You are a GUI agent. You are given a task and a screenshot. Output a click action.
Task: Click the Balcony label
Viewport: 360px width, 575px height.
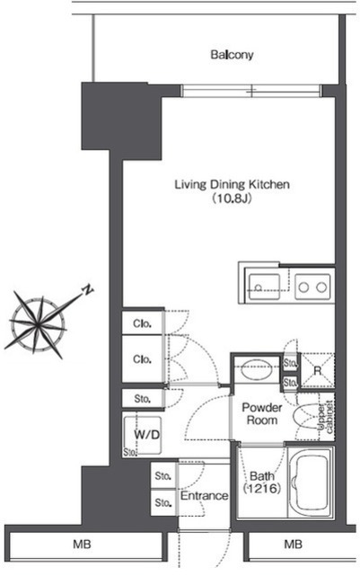(232, 55)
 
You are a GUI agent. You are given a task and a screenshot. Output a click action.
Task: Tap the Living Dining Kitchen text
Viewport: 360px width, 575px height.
(232, 184)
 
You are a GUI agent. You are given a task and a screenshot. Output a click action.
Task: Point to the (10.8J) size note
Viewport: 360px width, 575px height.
(232, 199)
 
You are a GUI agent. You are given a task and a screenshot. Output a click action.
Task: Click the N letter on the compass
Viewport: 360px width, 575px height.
(87, 289)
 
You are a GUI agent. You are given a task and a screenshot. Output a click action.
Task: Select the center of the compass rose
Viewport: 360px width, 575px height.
(38, 323)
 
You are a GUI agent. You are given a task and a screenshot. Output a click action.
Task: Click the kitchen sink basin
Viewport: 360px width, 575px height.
(264, 287)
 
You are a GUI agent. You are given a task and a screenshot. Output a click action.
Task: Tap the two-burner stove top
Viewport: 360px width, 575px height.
(312, 287)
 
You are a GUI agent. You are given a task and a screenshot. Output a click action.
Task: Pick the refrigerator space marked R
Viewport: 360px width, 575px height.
(317, 370)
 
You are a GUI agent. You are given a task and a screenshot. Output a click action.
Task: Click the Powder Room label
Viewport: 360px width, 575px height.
(262, 413)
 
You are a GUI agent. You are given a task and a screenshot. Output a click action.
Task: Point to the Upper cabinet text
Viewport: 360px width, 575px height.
(326, 416)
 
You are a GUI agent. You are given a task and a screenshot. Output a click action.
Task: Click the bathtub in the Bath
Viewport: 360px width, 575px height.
(311, 482)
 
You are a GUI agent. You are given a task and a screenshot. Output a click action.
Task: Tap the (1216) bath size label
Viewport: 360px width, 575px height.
(262, 488)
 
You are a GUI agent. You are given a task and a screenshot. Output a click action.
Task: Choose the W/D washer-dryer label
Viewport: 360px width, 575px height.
(147, 435)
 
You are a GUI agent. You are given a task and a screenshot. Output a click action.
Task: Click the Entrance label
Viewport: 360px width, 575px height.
(204, 496)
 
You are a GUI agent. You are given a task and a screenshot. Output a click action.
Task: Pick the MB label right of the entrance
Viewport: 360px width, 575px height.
(294, 544)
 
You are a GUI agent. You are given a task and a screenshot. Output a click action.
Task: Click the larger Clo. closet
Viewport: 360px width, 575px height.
(143, 359)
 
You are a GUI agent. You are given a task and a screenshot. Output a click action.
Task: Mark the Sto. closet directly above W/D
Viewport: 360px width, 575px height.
(143, 398)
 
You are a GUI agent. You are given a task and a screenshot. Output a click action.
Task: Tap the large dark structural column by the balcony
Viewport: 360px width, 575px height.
(121, 121)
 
